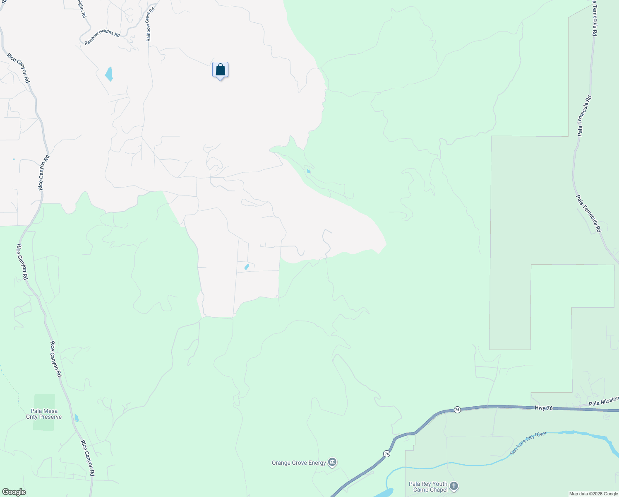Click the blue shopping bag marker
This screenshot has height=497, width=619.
click(220, 70)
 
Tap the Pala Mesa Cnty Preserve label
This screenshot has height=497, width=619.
click(44, 414)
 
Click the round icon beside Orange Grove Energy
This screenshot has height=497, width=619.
click(332, 462)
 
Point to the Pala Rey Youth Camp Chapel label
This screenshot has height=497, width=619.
click(428, 487)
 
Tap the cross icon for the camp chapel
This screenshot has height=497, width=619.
click(454, 486)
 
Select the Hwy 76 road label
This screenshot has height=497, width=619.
click(543, 408)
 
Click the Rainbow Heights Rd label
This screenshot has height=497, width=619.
click(102, 36)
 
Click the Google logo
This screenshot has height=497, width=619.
click(14, 492)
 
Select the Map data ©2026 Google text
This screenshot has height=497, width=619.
click(593, 494)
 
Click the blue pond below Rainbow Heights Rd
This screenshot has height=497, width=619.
click(109, 74)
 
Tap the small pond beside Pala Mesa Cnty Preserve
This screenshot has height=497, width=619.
click(76, 417)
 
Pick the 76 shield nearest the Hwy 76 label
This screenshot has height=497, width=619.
click(457, 409)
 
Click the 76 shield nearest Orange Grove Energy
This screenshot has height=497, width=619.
click(386, 454)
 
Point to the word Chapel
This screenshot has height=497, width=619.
click(439, 490)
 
